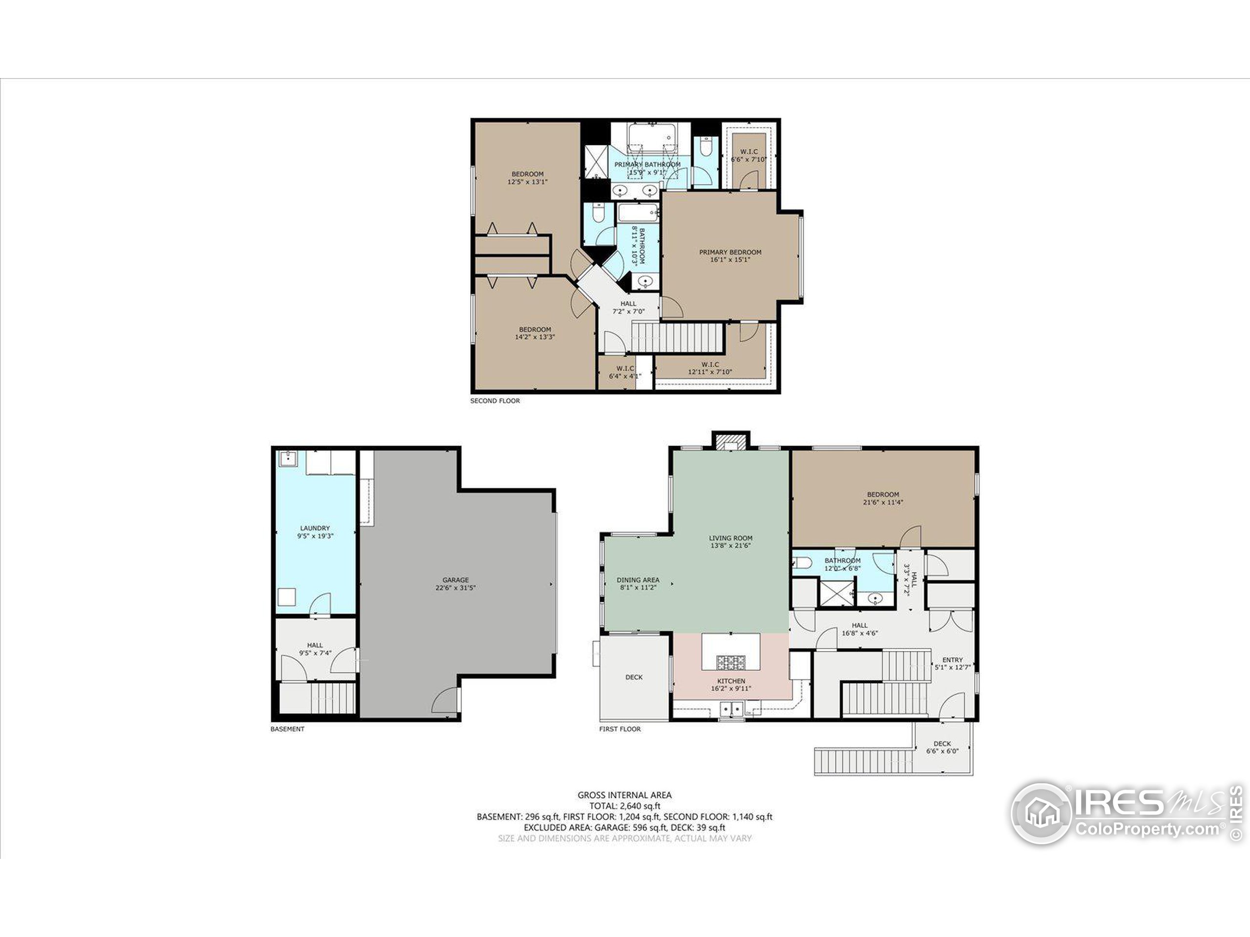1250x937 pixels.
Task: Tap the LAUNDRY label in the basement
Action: (x=315, y=528)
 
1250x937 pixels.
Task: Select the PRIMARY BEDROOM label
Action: (x=730, y=252)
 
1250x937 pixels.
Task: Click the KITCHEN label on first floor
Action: (x=731, y=681)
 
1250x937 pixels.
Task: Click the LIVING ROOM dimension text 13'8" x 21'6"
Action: (x=730, y=546)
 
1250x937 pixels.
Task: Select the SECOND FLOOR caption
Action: (x=495, y=401)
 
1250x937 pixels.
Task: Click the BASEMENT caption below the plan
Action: (x=287, y=729)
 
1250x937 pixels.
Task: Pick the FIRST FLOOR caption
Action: (x=620, y=729)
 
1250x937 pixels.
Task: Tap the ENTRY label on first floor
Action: (x=952, y=660)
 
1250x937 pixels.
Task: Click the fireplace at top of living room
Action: (x=730, y=441)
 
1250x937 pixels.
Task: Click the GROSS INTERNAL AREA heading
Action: (x=625, y=794)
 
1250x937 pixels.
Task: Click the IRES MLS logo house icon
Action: (x=1041, y=814)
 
